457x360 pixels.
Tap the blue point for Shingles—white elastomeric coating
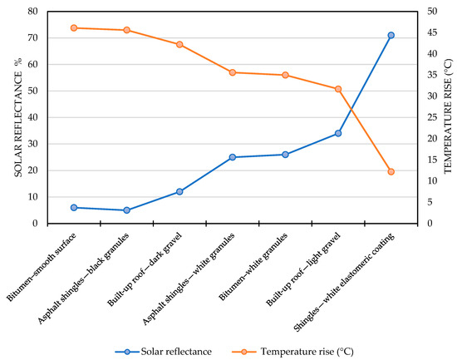391,35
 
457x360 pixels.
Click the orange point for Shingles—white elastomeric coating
391,172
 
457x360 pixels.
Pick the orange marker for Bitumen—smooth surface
74,28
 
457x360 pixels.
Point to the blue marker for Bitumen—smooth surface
74,208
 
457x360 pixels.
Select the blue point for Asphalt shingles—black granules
126,210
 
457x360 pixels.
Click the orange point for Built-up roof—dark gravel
179,44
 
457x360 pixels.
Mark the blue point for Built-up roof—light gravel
338,133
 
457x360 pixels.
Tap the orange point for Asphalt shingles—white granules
233,72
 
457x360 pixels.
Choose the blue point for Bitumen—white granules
285,155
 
